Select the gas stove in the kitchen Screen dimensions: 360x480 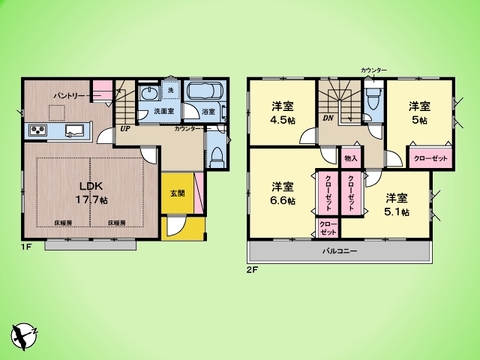39,130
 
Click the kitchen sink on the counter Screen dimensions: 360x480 74,130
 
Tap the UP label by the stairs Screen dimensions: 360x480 125,129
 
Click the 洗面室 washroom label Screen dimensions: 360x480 153,113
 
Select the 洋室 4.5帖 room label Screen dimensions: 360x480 282,112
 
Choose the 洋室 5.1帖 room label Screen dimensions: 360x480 398,204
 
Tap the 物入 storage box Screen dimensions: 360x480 351,158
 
